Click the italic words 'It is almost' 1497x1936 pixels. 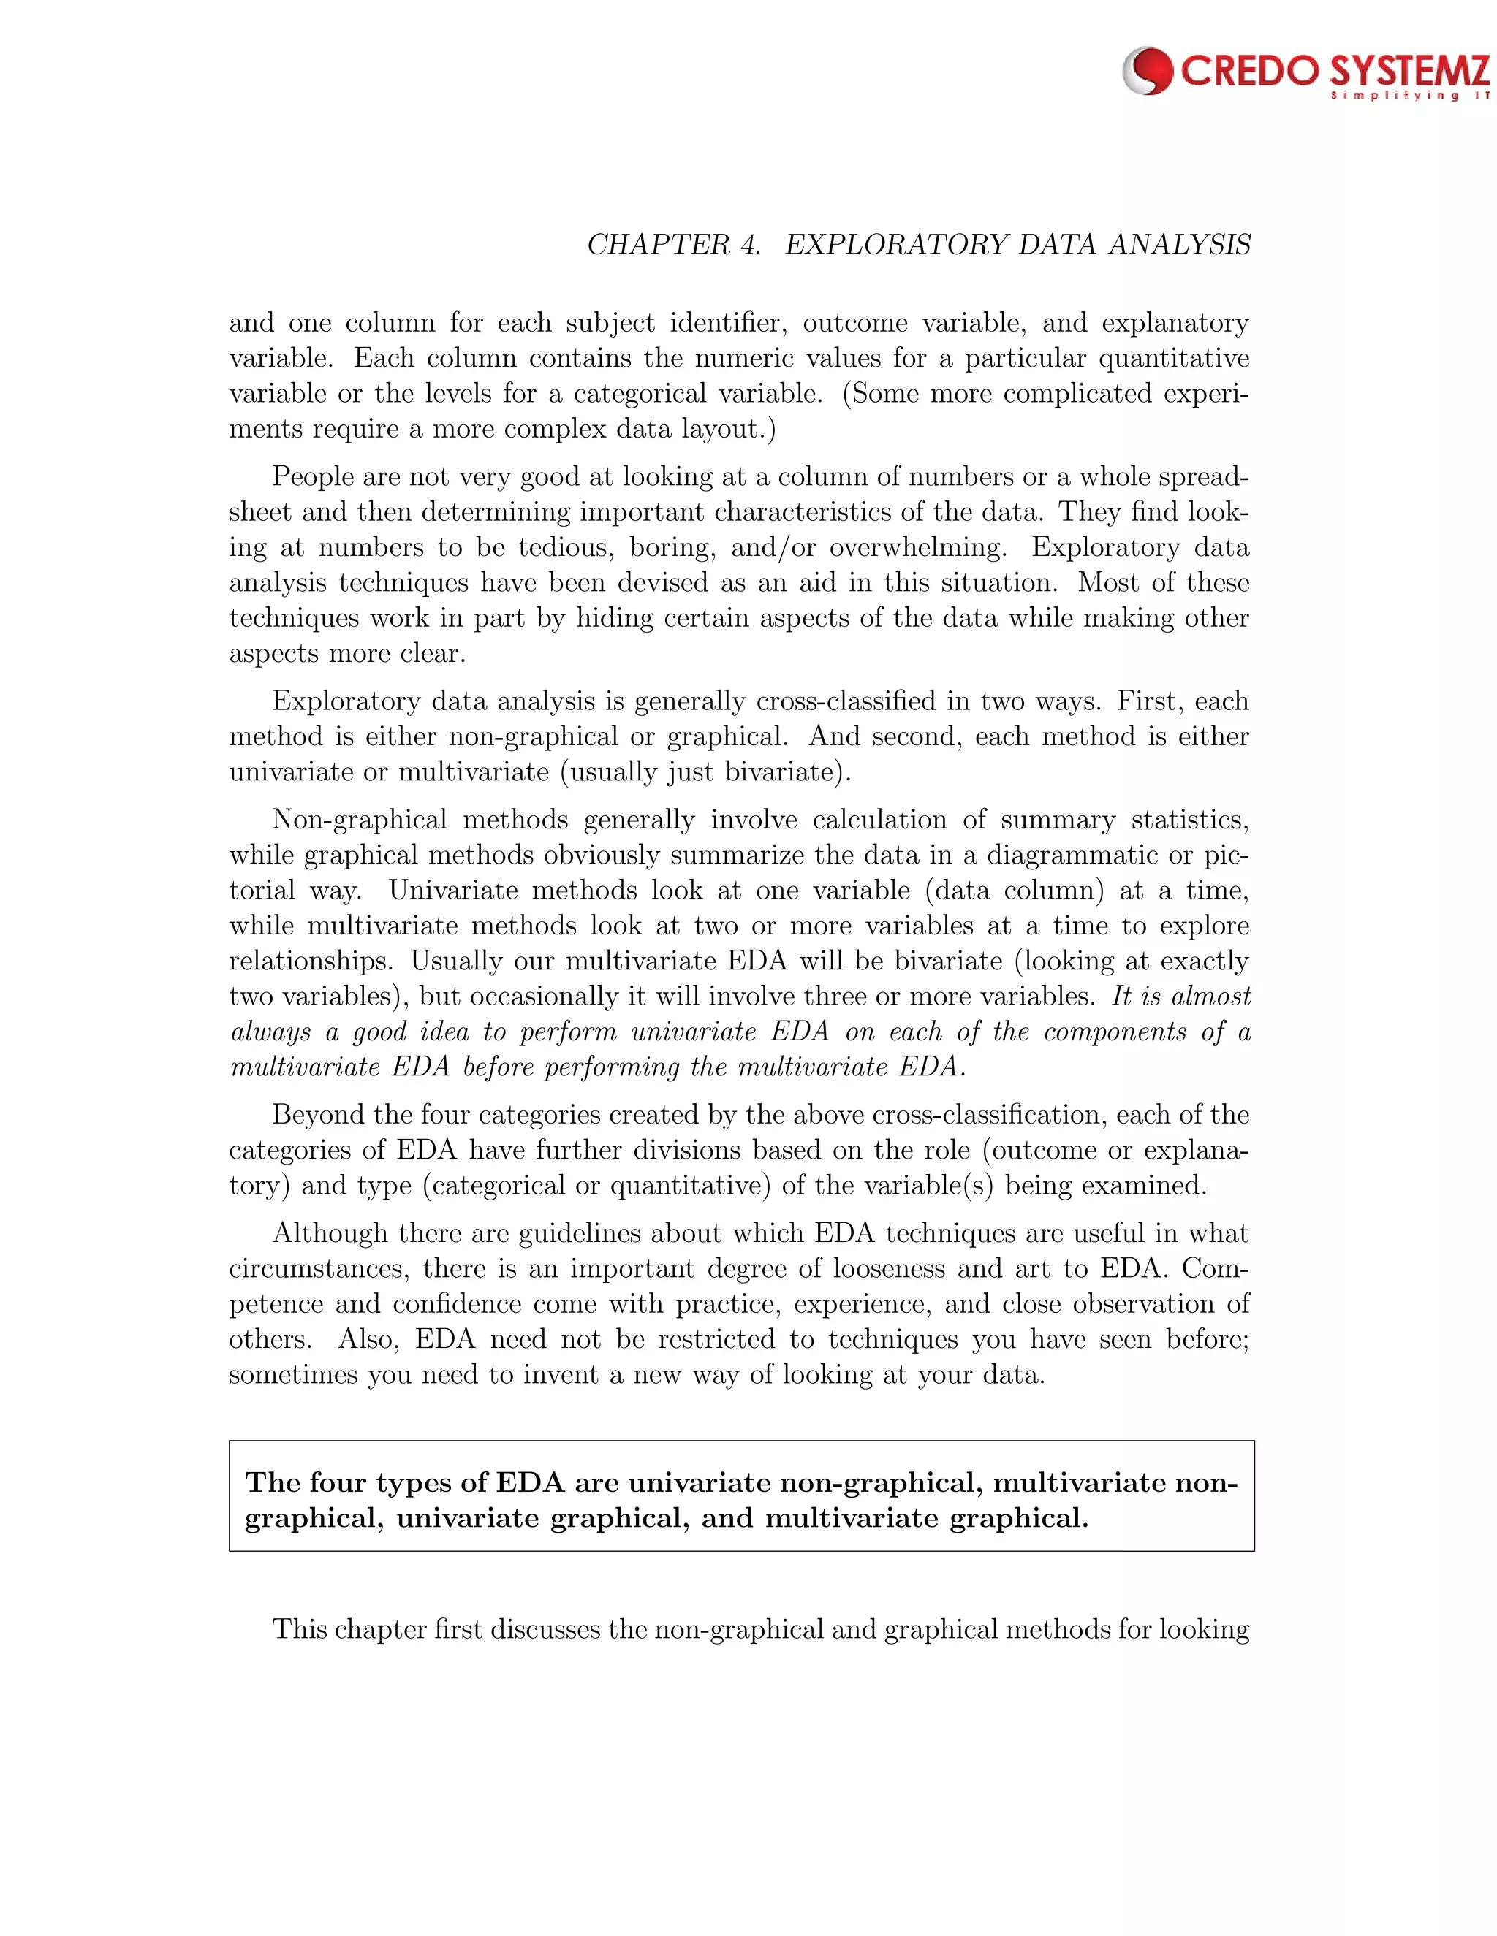(1180, 996)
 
